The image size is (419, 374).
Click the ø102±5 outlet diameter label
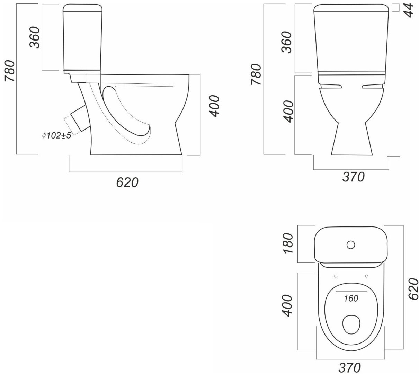(56, 135)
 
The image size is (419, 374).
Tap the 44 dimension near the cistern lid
(409, 10)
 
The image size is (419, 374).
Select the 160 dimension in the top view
(351, 299)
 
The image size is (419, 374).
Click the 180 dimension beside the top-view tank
(288, 243)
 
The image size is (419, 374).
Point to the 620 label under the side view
(127, 182)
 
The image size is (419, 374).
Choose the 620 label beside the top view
(413, 289)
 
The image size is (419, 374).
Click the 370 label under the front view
(353, 177)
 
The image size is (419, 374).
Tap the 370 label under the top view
(349, 367)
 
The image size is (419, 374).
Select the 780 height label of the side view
(10, 71)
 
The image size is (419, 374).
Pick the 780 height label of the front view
(256, 74)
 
